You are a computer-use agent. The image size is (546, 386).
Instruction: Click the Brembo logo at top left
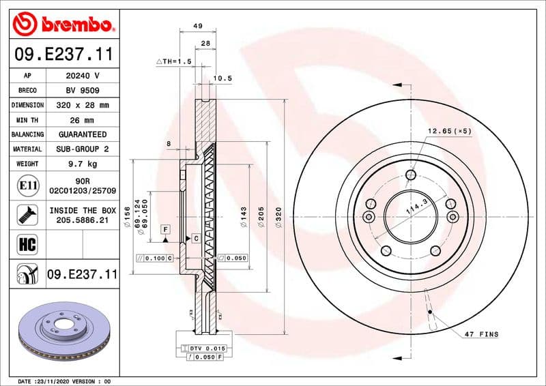(x=62, y=25)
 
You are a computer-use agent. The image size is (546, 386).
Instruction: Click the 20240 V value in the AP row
(x=83, y=76)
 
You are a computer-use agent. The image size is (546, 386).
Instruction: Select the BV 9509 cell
(x=83, y=91)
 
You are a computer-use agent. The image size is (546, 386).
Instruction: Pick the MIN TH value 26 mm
(x=83, y=120)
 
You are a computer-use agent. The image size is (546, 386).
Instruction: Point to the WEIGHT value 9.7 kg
(x=83, y=164)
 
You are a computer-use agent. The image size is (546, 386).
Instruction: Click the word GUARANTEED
(x=83, y=134)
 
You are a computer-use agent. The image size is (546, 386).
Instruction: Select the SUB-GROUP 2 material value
(x=83, y=149)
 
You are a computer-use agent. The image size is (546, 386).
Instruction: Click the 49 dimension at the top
(x=198, y=26)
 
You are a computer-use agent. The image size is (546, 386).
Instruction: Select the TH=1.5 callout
(x=175, y=61)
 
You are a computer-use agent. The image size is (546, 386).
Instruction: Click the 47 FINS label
(x=481, y=335)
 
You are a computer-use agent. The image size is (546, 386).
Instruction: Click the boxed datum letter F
(x=165, y=228)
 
